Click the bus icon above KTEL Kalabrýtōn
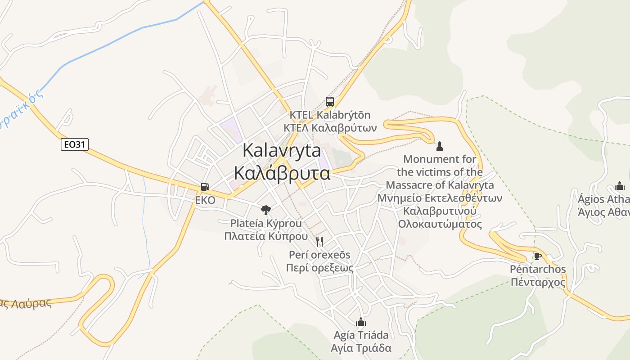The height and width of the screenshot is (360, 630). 330,102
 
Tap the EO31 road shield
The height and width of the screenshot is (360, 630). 75,144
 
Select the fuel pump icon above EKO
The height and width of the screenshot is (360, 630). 205,186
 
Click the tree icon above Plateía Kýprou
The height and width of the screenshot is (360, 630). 266,209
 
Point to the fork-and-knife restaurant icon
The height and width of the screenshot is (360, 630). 319,242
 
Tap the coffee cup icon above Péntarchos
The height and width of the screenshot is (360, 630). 537,256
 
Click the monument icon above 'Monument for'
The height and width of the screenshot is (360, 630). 440,146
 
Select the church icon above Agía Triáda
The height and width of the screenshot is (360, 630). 361,322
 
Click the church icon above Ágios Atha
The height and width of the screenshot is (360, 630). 620,186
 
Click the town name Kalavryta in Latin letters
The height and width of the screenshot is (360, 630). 282,150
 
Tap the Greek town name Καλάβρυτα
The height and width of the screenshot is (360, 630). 282,173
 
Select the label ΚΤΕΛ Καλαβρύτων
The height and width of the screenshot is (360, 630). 330,127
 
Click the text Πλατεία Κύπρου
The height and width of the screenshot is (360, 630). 266,236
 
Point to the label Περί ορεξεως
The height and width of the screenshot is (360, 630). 319,268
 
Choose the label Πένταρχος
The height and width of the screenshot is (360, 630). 537,283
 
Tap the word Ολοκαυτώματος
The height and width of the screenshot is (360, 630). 440,224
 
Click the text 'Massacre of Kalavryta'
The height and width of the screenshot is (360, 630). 440,185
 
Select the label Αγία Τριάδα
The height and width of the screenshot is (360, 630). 361,348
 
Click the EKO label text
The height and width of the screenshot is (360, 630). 205,200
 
